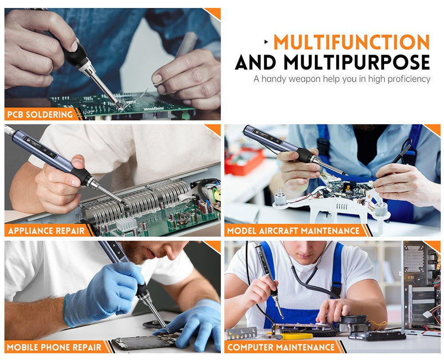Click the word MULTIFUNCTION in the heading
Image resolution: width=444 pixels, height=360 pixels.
coord(351,42)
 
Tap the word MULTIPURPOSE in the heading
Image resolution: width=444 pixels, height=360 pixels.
coord(357,62)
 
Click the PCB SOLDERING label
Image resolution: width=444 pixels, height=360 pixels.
coord(40,115)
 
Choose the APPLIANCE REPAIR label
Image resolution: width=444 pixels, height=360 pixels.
coord(46,231)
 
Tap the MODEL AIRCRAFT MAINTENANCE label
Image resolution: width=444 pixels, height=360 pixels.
coord(293,231)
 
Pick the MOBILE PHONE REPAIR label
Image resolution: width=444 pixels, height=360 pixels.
coord(54,347)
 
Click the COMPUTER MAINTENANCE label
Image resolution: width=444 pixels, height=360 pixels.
coord(281,347)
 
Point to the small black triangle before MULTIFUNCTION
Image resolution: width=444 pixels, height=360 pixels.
coord(266,42)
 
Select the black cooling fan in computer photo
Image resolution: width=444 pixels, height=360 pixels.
coord(354,323)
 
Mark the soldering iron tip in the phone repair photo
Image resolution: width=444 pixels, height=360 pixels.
coord(167,331)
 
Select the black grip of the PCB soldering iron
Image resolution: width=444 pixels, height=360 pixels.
coord(76,56)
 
